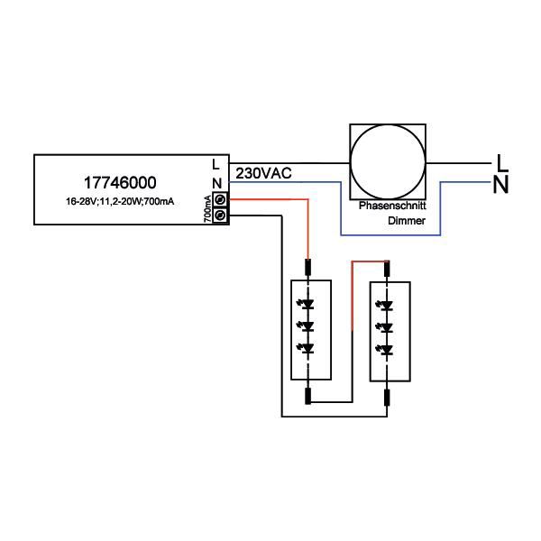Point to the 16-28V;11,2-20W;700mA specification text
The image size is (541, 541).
[119, 200]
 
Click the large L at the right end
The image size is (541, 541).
[504, 162]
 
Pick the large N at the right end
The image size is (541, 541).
[504, 185]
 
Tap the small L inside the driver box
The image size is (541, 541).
[215, 164]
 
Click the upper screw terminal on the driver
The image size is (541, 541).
[219, 199]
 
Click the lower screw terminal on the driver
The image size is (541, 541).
[219, 215]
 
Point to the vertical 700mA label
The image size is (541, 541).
[207, 208]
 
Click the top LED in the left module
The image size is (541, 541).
[309, 304]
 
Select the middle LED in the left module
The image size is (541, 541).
[309, 326]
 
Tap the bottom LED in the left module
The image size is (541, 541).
[309, 348]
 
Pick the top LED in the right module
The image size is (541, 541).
[387, 305]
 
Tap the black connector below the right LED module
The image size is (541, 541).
[387, 396]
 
